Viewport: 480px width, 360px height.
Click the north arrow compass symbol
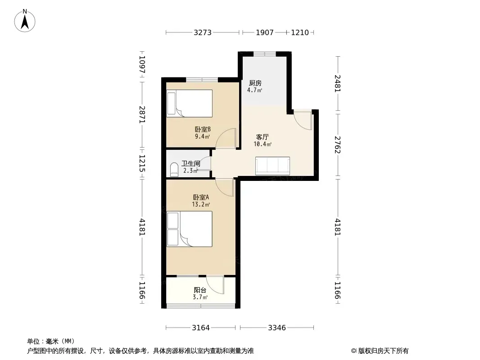pyautogui.click(x=25, y=21)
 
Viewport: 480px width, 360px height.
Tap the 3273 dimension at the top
pyautogui.click(x=202, y=32)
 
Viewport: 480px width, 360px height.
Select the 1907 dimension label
pyautogui.click(x=264, y=32)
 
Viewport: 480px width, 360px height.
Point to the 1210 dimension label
pyautogui.click(x=300, y=32)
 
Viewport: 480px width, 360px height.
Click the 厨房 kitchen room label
pyautogui.click(x=255, y=83)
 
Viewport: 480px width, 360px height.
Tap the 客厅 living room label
pyautogui.click(x=263, y=137)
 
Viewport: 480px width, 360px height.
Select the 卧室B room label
pyautogui.click(x=203, y=130)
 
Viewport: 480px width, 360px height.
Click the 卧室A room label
pyautogui.click(x=201, y=197)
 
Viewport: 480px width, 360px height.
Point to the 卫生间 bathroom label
pyautogui.click(x=191, y=164)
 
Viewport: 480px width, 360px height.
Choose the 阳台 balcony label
pyautogui.click(x=200, y=290)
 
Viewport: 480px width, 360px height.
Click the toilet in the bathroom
pyautogui.click(x=174, y=170)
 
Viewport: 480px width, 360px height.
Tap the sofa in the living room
pyautogui.click(x=272, y=166)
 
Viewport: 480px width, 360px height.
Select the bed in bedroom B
pyautogui.click(x=190, y=103)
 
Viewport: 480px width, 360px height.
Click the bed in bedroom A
pyautogui.click(x=190, y=229)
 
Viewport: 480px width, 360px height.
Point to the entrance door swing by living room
pyautogui.click(x=302, y=120)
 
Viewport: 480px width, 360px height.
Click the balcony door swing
pyautogui.click(x=215, y=285)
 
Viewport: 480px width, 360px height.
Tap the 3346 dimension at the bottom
pyautogui.click(x=277, y=328)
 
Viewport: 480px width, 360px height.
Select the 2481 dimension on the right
pyautogui.click(x=337, y=84)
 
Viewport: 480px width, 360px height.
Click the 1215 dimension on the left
pyautogui.click(x=142, y=163)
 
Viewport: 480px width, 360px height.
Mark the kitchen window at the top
pyautogui.click(x=265, y=54)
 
